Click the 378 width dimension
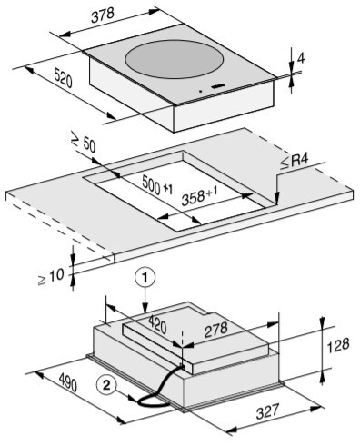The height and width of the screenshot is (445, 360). point(102,15)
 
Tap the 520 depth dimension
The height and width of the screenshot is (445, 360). point(63,78)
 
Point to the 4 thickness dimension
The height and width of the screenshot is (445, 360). point(301,58)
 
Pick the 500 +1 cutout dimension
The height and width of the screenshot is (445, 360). point(157,185)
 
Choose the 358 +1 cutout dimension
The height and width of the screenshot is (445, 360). point(199,195)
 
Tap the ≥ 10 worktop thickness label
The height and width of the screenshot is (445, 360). point(51,277)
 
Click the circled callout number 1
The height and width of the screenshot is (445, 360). point(145,278)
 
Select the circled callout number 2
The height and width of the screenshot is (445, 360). point(106,385)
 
